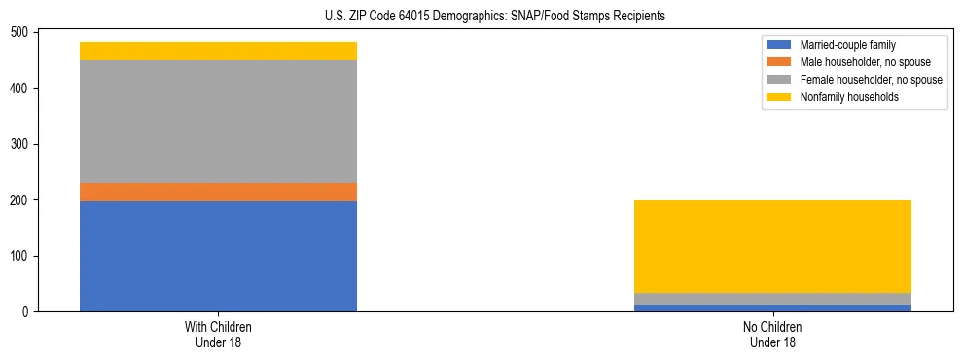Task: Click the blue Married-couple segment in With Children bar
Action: (x=218, y=256)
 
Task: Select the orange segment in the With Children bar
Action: (x=218, y=192)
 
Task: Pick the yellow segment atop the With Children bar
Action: (x=218, y=51)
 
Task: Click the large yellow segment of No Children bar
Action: (x=772, y=246)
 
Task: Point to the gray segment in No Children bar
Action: (x=772, y=299)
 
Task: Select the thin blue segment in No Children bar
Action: (x=772, y=307)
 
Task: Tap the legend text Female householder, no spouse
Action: (x=871, y=80)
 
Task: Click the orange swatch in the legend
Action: (x=779, y=62)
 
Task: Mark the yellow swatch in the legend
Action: (x=779, y=97)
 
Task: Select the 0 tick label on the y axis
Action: (x=28, y=312)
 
